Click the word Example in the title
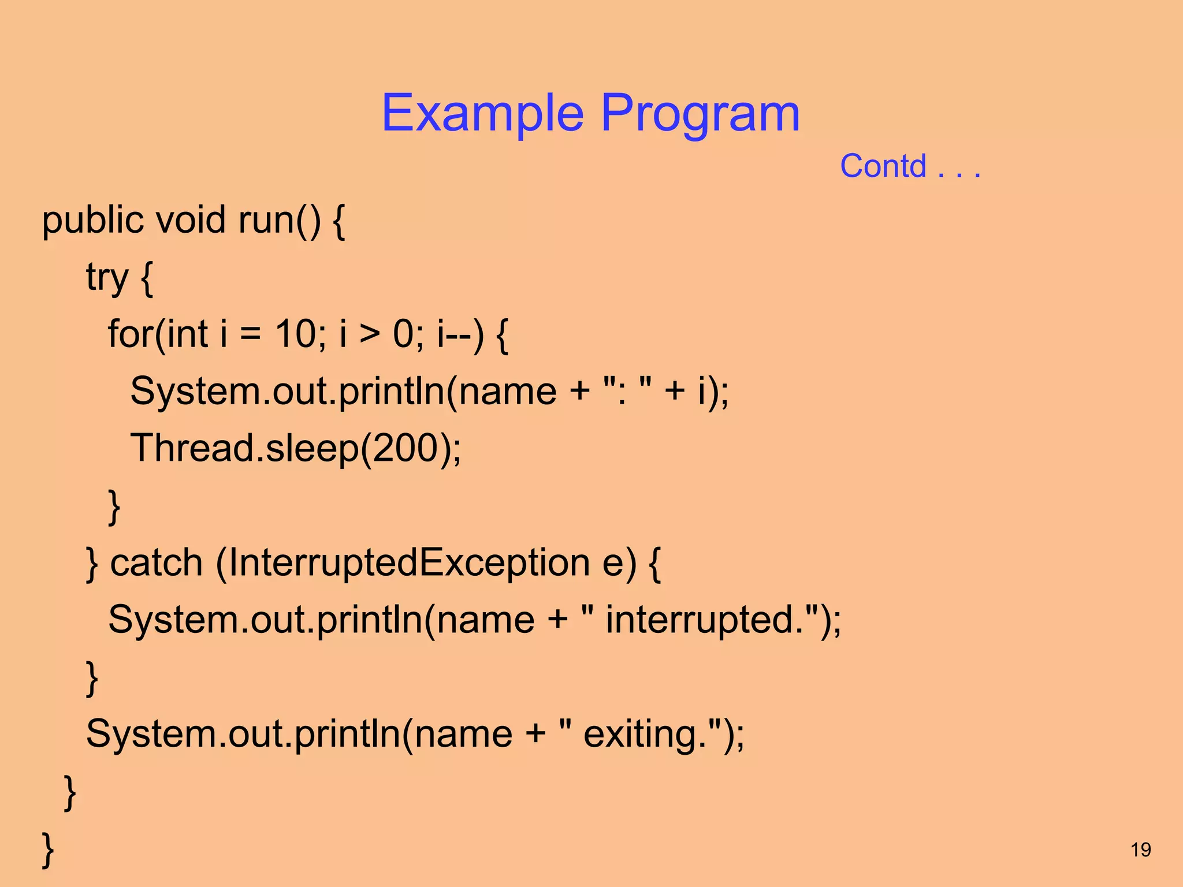(482, 114)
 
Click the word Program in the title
(700, 114)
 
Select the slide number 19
(1140, 850)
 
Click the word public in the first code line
(92, 221)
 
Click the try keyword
(107, 278)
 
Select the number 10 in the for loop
(295, 334)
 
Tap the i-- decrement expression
(454, 334)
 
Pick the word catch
(156, 562)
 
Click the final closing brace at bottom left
(48, 849)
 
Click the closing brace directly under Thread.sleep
(114, 506)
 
